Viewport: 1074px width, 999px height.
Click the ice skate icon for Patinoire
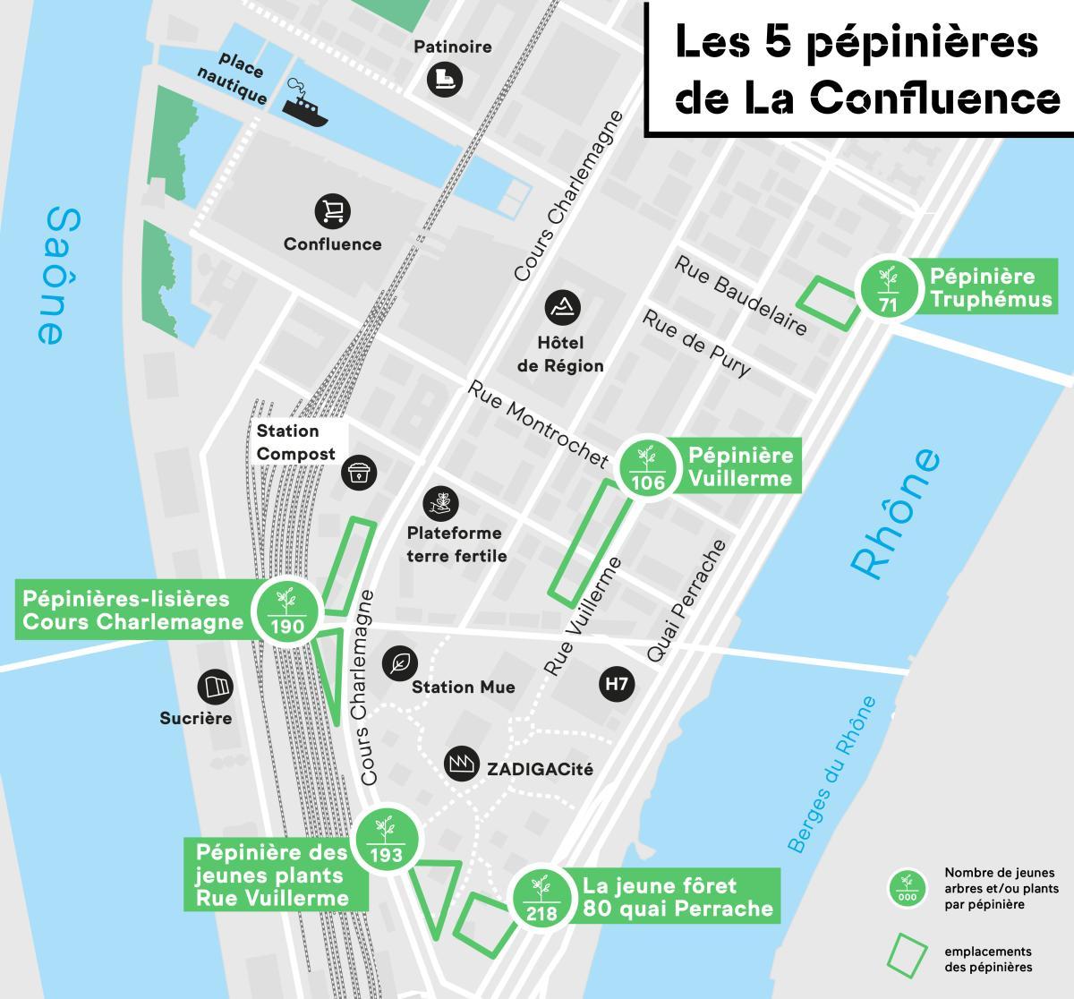(x=445, y=80)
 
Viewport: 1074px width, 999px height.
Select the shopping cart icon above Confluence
(x=332, y=211)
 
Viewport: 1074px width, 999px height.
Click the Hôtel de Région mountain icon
(x=563, y=309)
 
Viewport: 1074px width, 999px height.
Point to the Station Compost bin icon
(x=360, y=473)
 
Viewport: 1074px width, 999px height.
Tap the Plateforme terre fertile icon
(x=440, y=503)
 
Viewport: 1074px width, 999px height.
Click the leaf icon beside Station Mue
(x=400, y=663)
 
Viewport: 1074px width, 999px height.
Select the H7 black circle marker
(x=617, y=685)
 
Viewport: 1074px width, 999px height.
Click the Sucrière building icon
(x=215, y=687)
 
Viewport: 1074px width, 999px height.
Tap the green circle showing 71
(x=889, y=286)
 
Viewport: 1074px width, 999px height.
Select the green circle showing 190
(x=286, y=610)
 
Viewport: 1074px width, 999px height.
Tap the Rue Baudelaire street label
(x=740, y=296)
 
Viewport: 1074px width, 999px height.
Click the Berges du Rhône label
(x=832, y=774)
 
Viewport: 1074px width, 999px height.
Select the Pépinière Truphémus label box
(x=990, y=287)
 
